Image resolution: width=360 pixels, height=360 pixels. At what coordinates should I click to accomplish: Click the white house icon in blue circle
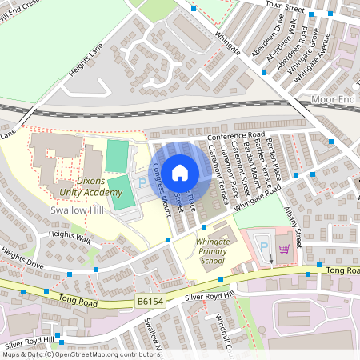click(x=180, y=171)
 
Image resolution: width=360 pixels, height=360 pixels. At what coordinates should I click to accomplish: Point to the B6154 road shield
click(x=150, y=301)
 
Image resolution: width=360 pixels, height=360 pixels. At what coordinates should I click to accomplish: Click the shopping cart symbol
click(x=284, y=249)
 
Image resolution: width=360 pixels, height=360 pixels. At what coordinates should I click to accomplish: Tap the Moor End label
click(x=333, y=99)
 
